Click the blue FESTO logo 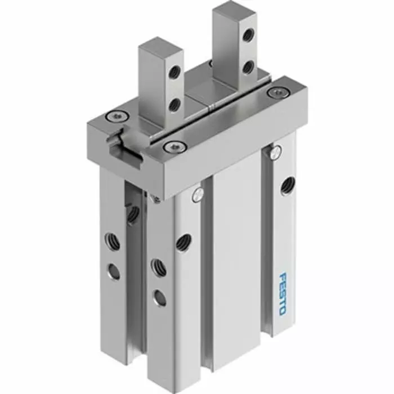click(286, 294)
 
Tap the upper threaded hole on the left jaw click(175, 71)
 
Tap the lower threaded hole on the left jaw click(175, 103)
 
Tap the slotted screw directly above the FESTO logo click(275, 150)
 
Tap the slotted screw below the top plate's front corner click(196, 195)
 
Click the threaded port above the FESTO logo click(289, 184)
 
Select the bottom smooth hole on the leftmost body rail click(114, 272)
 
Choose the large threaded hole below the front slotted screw click(182, 242)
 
